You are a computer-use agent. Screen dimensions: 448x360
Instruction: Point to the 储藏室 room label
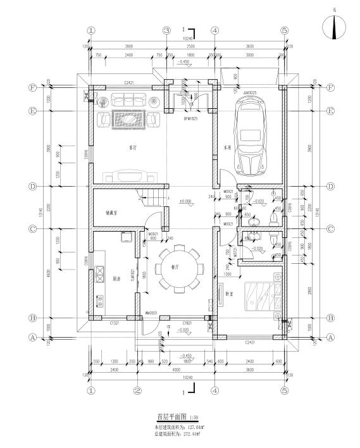tap(114, 213)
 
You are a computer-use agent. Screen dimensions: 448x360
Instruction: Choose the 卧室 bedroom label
tap(228, 294)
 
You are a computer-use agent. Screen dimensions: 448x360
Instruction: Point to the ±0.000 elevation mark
tap(185, 201)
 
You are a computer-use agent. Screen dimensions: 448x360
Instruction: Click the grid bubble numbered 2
tap(137, 390)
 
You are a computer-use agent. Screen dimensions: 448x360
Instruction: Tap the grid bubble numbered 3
tap(166, 30)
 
